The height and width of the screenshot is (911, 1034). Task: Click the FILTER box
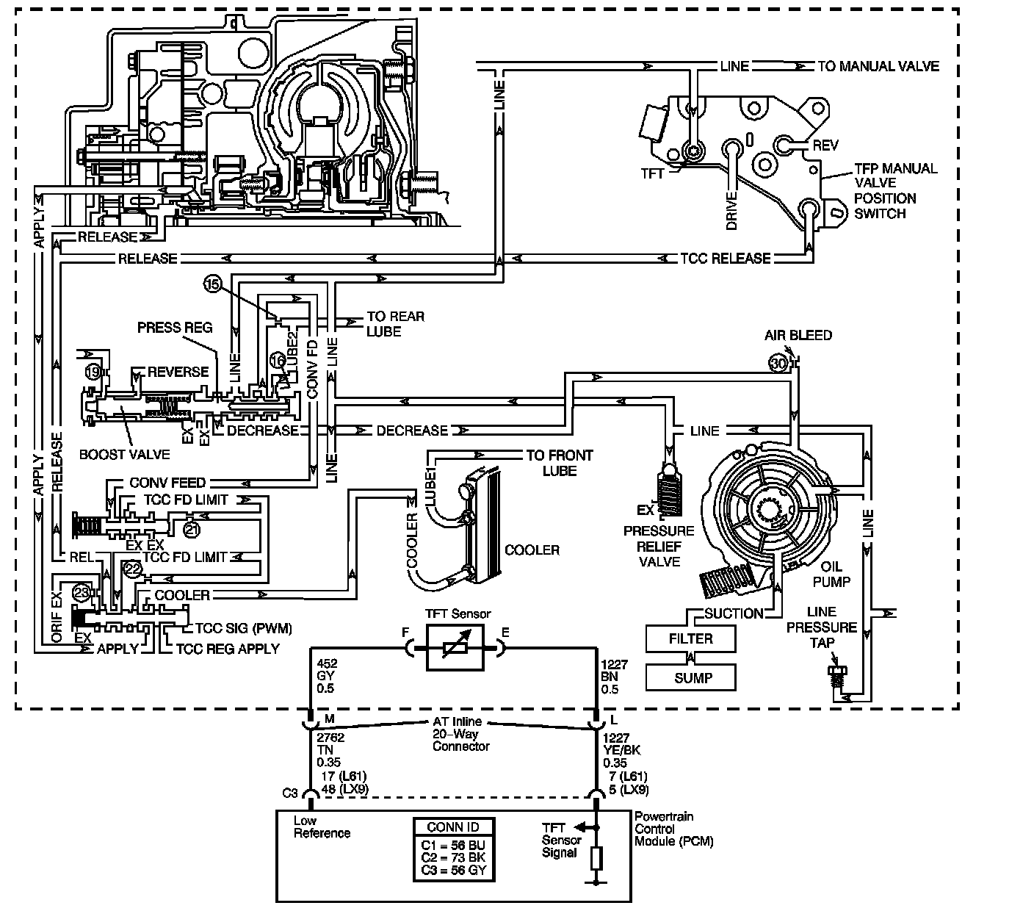(690, 638)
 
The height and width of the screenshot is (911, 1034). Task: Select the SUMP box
(690, 677)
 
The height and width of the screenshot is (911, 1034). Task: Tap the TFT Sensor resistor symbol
(455, 647)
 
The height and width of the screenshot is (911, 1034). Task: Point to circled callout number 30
(778, 362)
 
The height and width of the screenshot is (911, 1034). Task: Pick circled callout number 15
(213, 286)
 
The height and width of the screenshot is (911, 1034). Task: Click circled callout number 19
(93, 372)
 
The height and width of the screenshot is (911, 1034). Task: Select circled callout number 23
(82, 591)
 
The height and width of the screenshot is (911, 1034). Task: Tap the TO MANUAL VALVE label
(878, 66)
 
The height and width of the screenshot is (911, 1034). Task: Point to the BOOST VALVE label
(124, 454)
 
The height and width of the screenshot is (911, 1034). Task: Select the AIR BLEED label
(798, 335)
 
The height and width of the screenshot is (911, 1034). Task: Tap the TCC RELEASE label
(725, 258)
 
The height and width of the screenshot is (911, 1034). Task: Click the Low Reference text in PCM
(322, 827)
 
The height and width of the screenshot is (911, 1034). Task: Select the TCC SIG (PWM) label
(243, 628)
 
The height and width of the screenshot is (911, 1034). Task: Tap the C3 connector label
(290, 793)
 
